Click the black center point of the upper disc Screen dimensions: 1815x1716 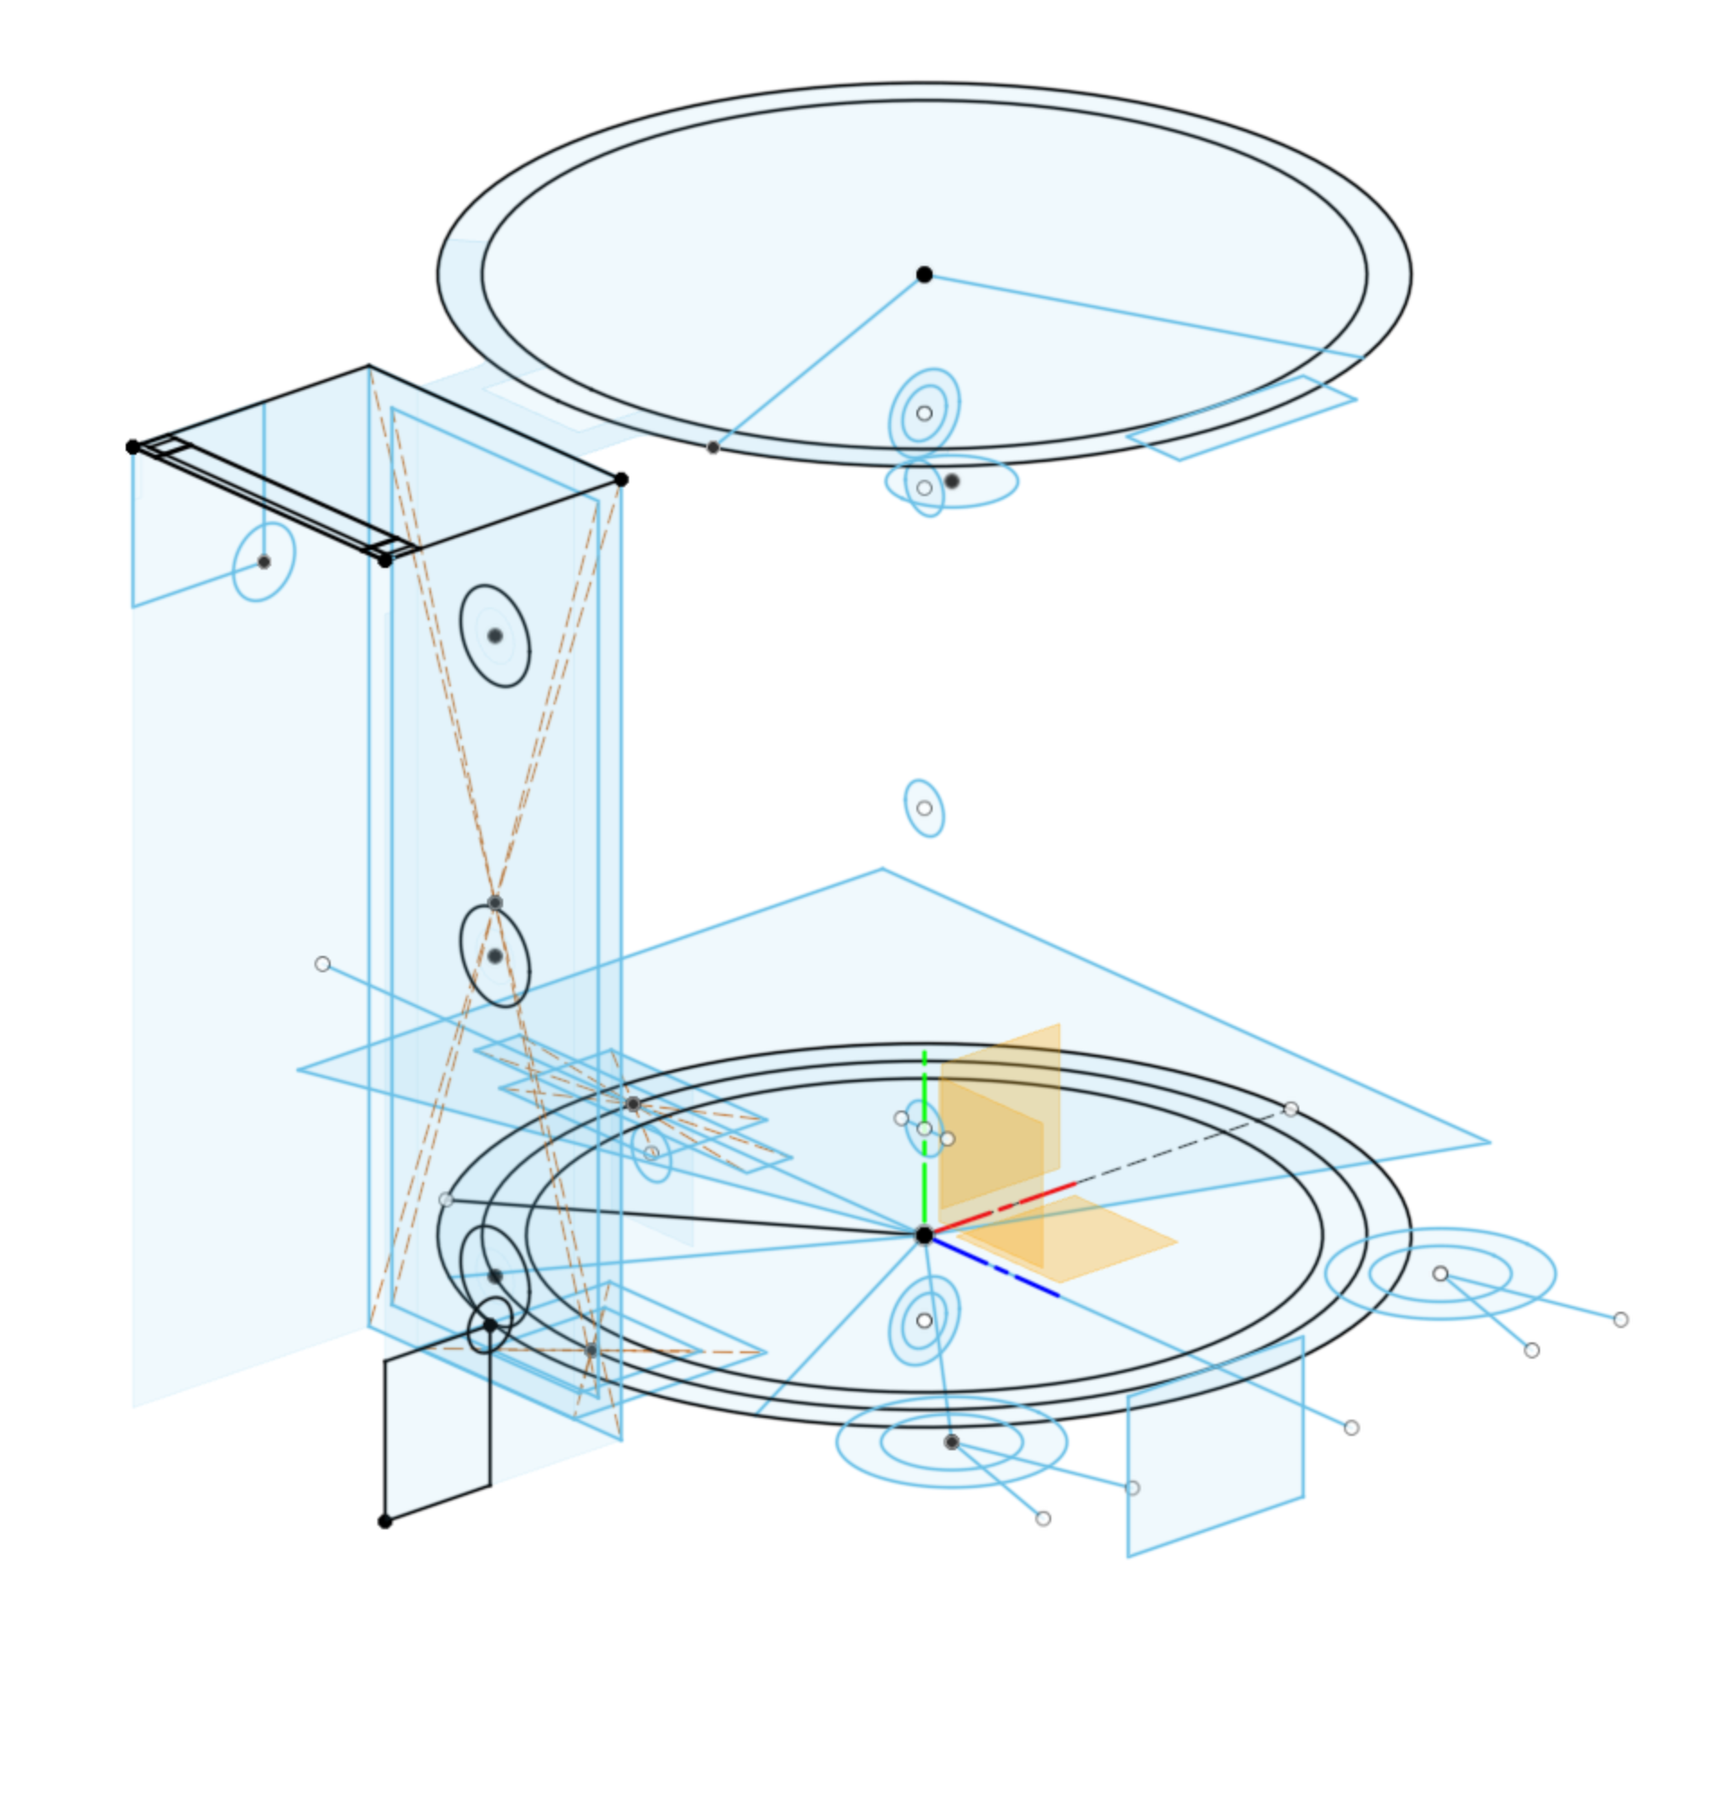[x=924, y=274]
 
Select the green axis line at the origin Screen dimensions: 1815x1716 [x=924, y=1180]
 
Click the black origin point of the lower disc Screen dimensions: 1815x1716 [x=924, y=1235]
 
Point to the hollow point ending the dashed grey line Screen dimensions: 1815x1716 [x=1291, y=1109]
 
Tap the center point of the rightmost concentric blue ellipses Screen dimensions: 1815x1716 [x=1441, y=1273]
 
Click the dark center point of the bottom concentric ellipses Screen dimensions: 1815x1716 [x=951, y=1442]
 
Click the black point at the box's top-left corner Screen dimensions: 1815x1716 [x=133, y=447]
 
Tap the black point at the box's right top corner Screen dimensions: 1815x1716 [x=621, y=480]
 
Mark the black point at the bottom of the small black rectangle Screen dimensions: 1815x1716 [x=385, y=1521]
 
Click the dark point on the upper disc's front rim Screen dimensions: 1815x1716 [x=712, y=447]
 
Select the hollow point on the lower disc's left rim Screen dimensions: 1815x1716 [x=446, y=1200]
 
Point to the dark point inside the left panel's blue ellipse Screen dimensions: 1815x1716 [x=264, y=562]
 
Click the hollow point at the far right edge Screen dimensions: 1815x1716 [x=1621, y=1319]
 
